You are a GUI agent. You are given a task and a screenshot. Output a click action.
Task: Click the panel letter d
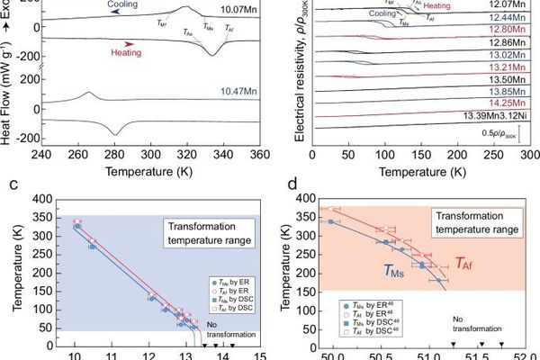tap(290, 186)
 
